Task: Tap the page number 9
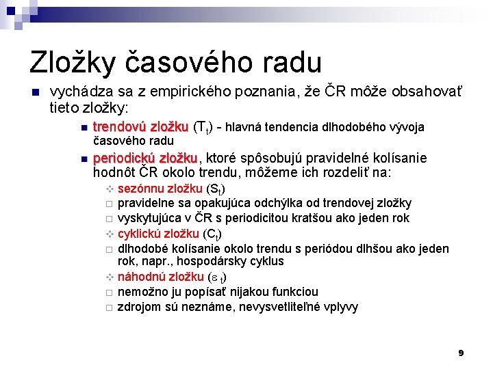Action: (461, 353)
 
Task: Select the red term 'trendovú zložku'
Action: (140, 127)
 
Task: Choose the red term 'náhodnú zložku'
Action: (161, 277)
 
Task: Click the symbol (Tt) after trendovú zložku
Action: (203, 128)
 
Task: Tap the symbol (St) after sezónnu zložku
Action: (216, 189)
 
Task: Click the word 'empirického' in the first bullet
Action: (190, 93)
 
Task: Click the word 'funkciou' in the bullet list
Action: (295, 292)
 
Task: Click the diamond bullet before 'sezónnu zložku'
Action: (108, 189)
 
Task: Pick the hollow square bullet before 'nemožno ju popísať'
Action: (108, 292)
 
